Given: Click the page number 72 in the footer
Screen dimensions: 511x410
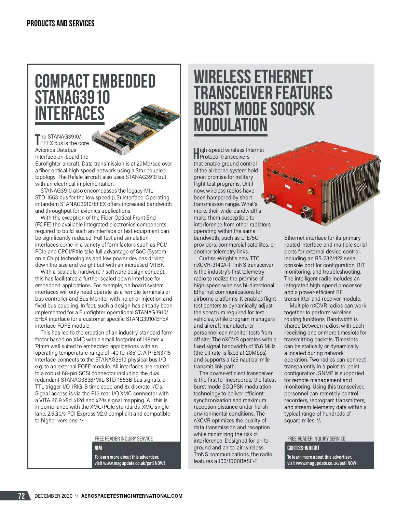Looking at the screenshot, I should point(22,496).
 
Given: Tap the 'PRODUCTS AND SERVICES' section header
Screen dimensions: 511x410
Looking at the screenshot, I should point(60,24).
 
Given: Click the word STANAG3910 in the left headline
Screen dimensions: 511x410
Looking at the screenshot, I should point(72,97).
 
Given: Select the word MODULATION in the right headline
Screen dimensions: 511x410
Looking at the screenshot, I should point(231,125).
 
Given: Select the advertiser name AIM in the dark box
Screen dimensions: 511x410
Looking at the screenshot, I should point(98,448).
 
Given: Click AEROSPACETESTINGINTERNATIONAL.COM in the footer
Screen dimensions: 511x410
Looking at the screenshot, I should point(132,496).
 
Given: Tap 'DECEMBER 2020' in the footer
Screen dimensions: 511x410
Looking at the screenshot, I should point(53,496).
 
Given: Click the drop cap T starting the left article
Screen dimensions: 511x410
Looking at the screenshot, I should point(38,140).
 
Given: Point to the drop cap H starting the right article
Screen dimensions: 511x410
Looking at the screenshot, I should point(196,153).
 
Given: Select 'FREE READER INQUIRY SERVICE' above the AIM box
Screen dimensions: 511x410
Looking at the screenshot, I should point(124,438).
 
